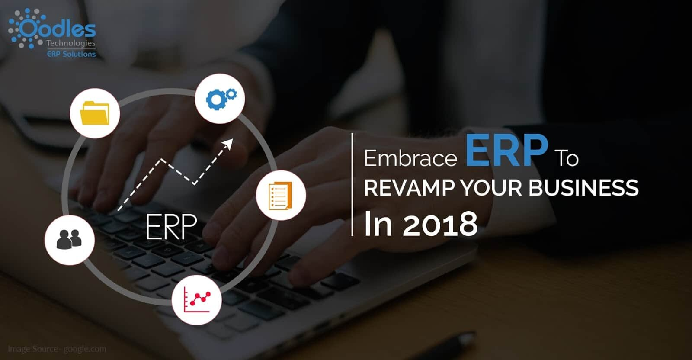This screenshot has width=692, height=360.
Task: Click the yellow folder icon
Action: pyautogui.click(x=94, y=113)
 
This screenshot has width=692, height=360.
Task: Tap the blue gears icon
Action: pyautogui.click(x=220, y=98)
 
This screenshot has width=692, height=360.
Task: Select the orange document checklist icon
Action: pyautogui.click(x=280, y=195)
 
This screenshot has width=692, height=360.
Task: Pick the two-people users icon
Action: pyautogui.click(x=69, y=239)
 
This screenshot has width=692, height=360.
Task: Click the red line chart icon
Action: pyautogui.click(x=197, y=299)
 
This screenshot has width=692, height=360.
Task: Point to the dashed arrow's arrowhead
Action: pyautogui.click(x=228, y=144)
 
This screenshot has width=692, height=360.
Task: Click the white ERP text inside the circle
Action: pyautogui.click(x=171, y=226)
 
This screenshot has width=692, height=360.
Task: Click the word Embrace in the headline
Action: pyautogui.click(x=410, y=158)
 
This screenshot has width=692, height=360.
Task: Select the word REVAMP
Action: pyautogui.click(x=409, y=188)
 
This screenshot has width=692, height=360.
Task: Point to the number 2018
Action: pyautogui.click(x=440, y=224)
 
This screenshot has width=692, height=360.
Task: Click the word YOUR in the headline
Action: pyautogui.click(x=492, y=188)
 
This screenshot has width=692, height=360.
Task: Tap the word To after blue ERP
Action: pyautogui.click(x=567, y=158)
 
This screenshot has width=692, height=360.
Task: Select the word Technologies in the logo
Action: pyautogui.click(x=70, y=43)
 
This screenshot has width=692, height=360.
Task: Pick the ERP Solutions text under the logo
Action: pyautogui.click(x=71, y=54)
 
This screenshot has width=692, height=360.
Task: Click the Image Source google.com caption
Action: pyautogui.click(x=57, y=349)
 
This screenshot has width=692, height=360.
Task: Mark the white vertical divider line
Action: pyautogui.click(x=352, y=184)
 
